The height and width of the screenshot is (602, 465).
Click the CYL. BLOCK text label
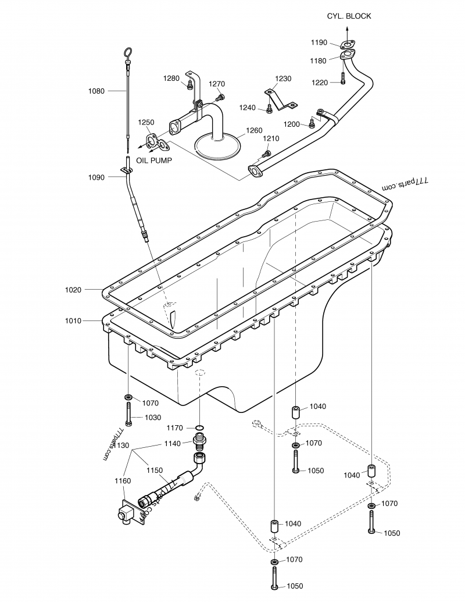(349, 16)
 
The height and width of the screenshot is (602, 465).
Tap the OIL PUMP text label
(154, 161)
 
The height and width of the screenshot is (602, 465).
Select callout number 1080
(96, 91)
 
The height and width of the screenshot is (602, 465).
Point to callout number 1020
(74, 289)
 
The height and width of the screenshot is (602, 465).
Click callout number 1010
(74, 320)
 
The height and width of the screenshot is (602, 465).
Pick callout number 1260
(253, 130)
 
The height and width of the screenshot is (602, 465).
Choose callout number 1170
(175, 428)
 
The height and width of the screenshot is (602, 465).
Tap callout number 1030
(153, 418)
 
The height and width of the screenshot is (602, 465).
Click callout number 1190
(319, 42)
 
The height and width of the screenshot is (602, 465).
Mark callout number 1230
(283, 79)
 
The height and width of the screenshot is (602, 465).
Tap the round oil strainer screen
(218, 145)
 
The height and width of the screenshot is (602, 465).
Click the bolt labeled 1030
(128, 417)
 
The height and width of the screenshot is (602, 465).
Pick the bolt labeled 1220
(344, 82)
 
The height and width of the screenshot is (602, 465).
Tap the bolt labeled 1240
(269, 108)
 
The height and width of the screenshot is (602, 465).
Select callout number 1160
(123, 481)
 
